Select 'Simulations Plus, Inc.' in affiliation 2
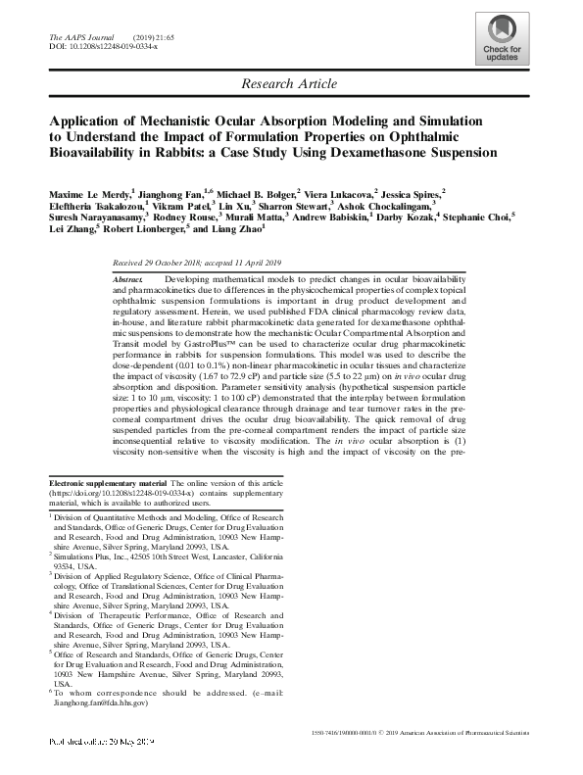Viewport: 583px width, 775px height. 97,554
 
